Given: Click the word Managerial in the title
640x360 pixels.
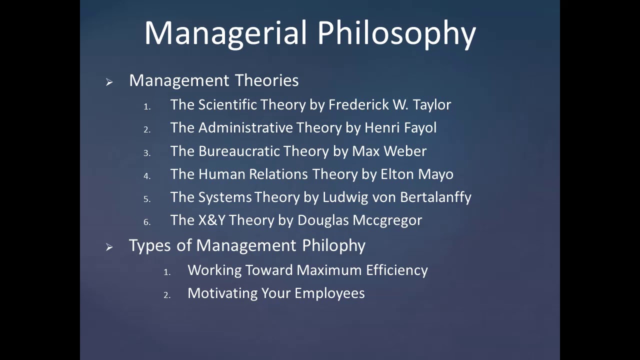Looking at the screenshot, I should click(x=225, y=33).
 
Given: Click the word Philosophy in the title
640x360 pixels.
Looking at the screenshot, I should click(x=396, y=34).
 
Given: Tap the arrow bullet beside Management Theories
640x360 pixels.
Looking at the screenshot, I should click(x=109, y=82).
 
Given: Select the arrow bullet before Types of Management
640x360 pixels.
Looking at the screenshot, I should click(x=109, y=247).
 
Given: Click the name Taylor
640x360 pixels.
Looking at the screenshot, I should click(x=431, y=105).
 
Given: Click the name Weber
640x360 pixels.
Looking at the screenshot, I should click(x=408, y=151).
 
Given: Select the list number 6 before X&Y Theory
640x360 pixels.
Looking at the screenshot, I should click(x=147, y=222).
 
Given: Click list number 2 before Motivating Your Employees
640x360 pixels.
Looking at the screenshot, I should click(x=167, y=295).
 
